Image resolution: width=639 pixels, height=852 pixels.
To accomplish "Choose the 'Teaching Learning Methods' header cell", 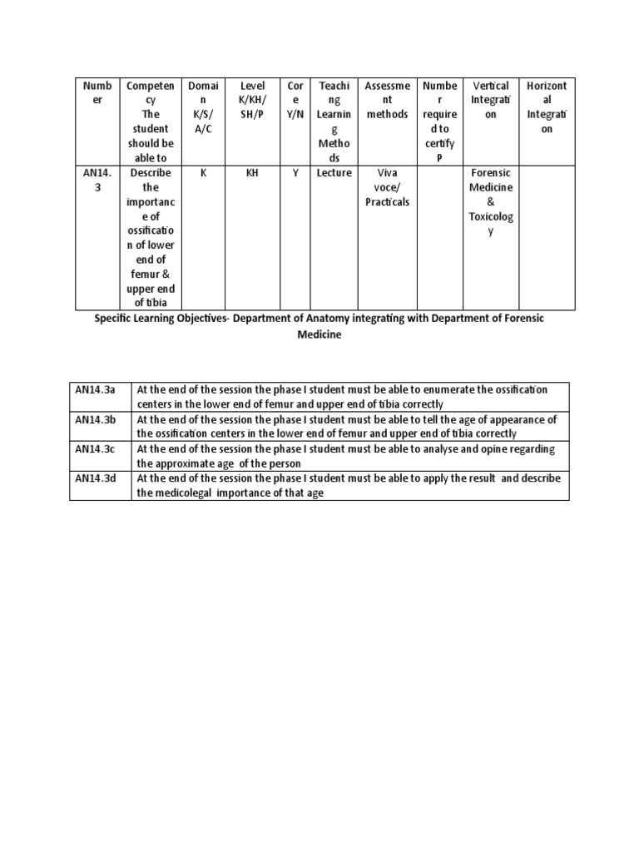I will [x=334, y=121].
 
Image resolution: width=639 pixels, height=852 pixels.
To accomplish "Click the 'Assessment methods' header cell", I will [x=387, y=100].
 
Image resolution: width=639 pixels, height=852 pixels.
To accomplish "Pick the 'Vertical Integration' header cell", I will [x=490, y=100].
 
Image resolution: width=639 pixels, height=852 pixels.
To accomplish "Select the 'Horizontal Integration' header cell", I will [x=546, y=107].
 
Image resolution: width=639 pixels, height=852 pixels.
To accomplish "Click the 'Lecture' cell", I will [x=334, y=173].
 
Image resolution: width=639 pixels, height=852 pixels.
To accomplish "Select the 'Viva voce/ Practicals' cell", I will [x=387, y=187].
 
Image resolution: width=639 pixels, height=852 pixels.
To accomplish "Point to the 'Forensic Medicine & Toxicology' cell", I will [x=490, y=201].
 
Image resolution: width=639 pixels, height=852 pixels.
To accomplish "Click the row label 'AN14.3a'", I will [x=96, y=389].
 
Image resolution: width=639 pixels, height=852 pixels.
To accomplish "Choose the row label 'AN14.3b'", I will [x=96, y=419].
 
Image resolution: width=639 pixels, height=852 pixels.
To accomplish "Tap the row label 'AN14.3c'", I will [x=96, y=449].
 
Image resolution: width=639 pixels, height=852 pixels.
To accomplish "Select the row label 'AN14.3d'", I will [x=96, y=478].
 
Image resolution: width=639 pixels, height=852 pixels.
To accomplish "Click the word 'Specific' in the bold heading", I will [x=116, y=319].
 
